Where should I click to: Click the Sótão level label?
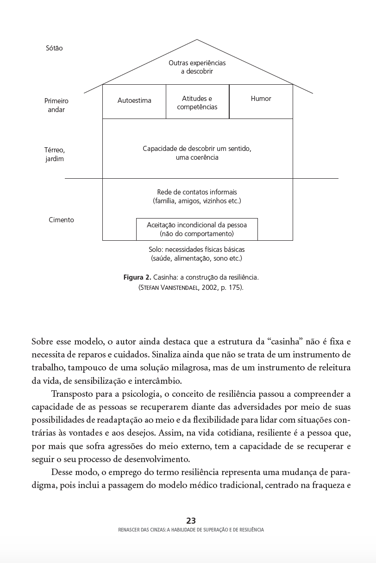(x=54, y=48)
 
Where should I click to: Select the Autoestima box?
(x=134, y=100)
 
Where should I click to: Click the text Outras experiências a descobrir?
(x=197, y=67)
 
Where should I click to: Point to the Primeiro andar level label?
(x=56, y=105)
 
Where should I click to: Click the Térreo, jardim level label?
(x=54, y=154)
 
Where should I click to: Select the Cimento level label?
(x=61, y=220)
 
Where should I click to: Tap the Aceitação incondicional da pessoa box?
(x=197, y=229)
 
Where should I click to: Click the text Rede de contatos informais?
(x=197, y=192)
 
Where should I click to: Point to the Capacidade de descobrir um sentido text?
(x=197, y=149)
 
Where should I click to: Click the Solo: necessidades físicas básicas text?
(x=197, y=250)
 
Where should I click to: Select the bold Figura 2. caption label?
(x=137, y=277)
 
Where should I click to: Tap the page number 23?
(x=191, y=521)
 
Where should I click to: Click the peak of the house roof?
(x=197, y=40)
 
